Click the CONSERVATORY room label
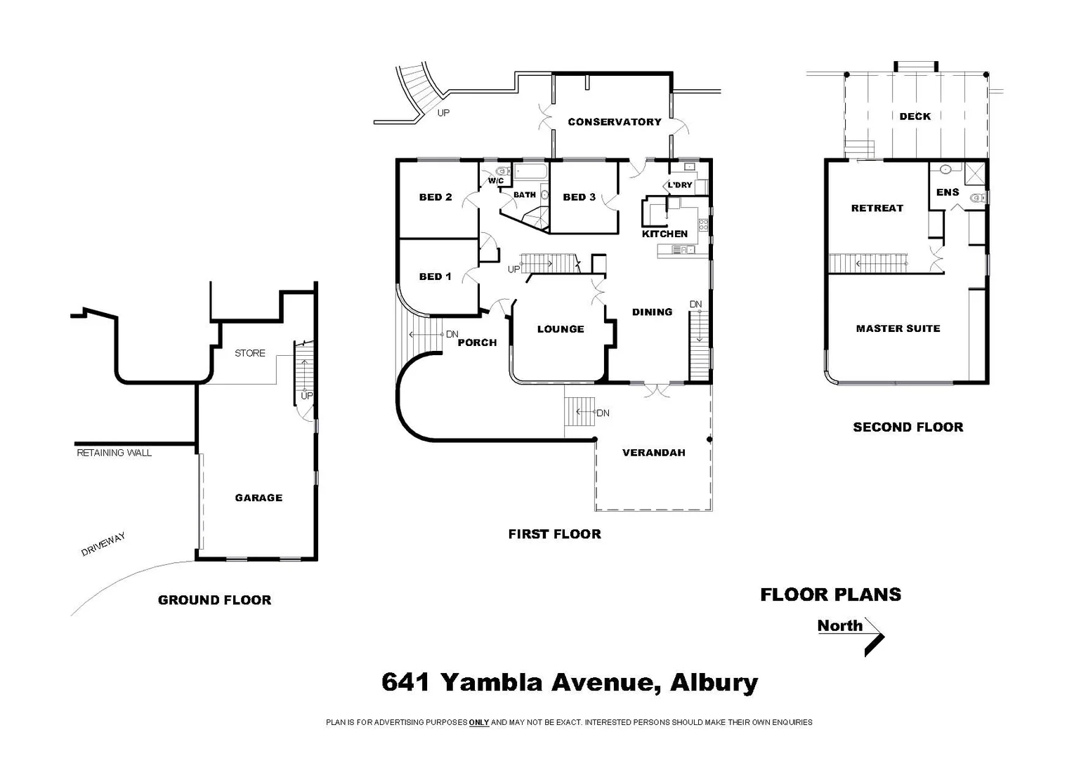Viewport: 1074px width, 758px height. [614, 122]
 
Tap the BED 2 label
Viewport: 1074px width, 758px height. [435, 197]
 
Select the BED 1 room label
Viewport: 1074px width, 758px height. [435, 277]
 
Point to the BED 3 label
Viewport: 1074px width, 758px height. [579, 197]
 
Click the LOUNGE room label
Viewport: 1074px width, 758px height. [560, 329]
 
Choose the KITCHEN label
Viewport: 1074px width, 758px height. [664, 234]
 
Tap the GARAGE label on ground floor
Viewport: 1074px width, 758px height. [258, 498]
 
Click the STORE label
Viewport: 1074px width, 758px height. [249, 353]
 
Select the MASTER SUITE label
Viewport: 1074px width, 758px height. [898, 328]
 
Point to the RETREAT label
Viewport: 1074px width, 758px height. [877, 208]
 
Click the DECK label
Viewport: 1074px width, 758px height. [915, 117]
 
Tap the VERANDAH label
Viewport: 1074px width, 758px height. [653, 453]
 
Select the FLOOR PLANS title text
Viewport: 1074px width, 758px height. [830, 594]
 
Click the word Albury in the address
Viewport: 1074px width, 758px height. [714, 682]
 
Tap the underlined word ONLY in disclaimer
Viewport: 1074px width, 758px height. [479, 722]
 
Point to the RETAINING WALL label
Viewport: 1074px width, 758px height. [114, 453]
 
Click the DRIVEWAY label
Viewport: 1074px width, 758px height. [103, 545]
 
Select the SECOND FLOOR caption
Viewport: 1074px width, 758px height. [908, 427]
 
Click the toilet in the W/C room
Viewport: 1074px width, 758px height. [501, 171]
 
